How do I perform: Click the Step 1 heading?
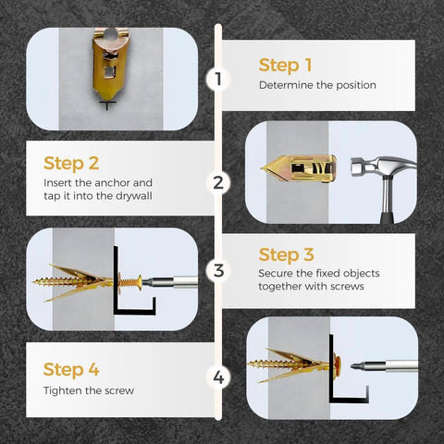(x=286, y=65)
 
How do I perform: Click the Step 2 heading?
(x=71, y=164)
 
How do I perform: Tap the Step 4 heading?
(x=71, y=370)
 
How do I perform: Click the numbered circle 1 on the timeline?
(x=218, y=79)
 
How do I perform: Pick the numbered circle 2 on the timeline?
(x=218, y=182)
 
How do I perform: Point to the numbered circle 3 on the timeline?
(x=218, y=271)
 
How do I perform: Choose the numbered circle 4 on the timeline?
(x=218, y=377)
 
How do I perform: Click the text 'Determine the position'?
(x=317, y=85)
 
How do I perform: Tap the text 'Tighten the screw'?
(x=89, y=390)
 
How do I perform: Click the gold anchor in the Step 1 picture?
(x=112, y=66)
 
